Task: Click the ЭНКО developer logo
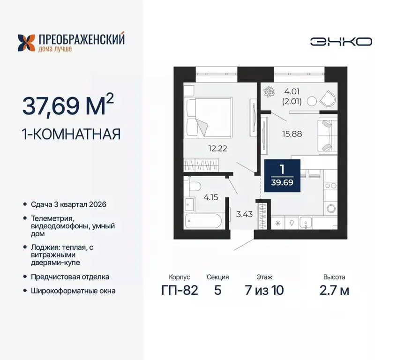click(x=341, y=41)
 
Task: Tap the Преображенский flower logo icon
click(x=26, y=43)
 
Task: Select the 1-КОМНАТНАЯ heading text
click(x=71, y=135)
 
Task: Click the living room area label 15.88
click(x=292, y=133)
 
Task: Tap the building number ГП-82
click(x=180, y=291)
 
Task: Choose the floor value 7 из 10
click(x=264, y=291)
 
